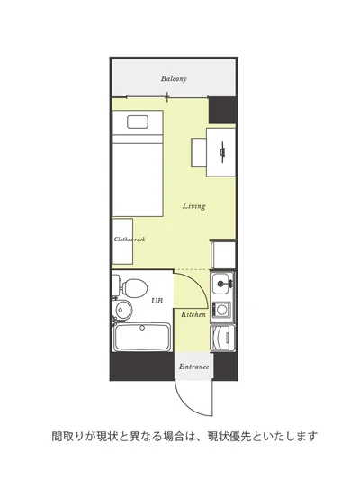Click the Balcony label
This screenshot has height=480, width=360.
[174, 78]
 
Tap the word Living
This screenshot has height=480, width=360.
[193, 205]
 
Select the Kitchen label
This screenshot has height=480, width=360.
[193, 314]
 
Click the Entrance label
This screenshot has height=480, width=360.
[193, 367]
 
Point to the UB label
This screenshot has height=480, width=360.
[157, 301]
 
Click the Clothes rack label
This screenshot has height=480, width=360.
[130, 239]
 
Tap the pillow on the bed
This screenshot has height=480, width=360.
[138, 122]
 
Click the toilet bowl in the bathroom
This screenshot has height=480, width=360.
[135, 288]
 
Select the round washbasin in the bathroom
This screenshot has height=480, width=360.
[122, 310]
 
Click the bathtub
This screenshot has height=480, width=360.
[142, 338]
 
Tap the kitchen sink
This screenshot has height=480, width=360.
[220, 284]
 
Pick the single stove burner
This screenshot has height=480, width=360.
[221, 310]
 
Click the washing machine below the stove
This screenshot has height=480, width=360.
[223, 339]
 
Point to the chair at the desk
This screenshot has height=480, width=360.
[199, 152]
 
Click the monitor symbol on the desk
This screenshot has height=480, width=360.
[223, 151]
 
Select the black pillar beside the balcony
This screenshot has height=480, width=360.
[222, 110]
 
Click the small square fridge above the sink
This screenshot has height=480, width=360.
[223, 255]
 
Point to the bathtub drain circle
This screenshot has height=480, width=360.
[142, 328]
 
